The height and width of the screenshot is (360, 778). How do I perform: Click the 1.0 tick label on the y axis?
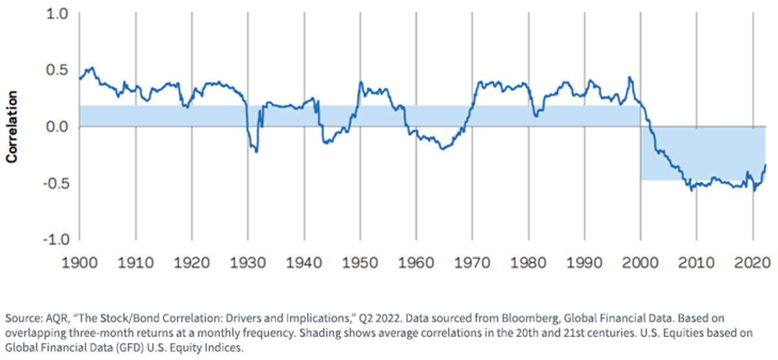[x=57, y=14]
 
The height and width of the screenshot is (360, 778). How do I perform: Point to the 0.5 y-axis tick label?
[x=57, y=70]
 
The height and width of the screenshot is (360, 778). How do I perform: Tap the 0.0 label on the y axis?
[x=57, y=127]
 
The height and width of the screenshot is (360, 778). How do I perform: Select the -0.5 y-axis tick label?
[x=56, y=184]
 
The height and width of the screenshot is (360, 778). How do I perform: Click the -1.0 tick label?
[x=56, y=240]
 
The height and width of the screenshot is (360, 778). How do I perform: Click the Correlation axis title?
[x=12, y=127]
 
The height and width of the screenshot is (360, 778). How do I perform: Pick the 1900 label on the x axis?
[x=80, y=263]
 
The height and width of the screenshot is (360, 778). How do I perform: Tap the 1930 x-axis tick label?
[x=248, y=263]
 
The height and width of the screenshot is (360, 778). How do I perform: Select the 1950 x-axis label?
[x=360, y=263]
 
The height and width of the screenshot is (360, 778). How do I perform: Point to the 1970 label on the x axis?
[x=473, y=263]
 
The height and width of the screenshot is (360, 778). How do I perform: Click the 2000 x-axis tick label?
[x=641, y=263]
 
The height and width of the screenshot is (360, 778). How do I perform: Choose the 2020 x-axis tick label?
[x=753, y=263]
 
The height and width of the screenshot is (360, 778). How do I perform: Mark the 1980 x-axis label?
[x=528, y=263]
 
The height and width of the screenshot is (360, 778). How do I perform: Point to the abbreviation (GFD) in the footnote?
[x=128, y=348]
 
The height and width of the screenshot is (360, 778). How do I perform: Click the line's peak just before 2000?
[x=629, y=77]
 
